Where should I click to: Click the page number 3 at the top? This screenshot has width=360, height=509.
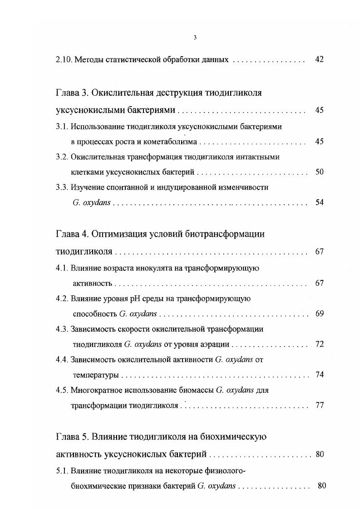[195, 37]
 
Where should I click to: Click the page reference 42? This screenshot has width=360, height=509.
[319, 59]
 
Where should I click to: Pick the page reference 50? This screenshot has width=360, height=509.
[319, 172]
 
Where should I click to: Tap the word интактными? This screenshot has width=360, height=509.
[257, 157]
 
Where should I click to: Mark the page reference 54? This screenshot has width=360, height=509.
[319, 202]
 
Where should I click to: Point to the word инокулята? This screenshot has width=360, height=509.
[155, 268]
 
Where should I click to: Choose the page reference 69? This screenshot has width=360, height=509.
[319, 313]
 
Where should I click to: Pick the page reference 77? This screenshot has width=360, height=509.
[319, 405]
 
